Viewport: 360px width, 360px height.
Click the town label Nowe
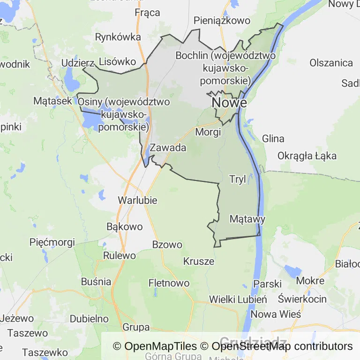coord(229,102)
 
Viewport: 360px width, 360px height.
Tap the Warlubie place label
coord(137,200)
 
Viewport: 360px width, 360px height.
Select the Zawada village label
coord(168,148)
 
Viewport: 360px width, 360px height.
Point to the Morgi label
coord(208,132)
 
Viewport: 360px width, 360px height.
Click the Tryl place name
coord(237,179)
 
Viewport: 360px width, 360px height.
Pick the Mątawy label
coord(247,219)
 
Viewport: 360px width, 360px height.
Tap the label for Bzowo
coord(167,244)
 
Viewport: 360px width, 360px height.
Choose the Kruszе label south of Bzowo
coord(199,261)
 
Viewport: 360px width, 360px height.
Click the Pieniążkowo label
coord(222,20)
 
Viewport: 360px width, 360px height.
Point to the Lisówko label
coord(117,61)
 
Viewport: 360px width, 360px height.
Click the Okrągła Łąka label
coord(307,156)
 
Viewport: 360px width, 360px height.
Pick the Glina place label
coord(273,139)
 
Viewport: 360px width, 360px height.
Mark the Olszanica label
coord(331,63)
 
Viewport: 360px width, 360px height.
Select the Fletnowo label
coord(169,283)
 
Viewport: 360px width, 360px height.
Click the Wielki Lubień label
coord(238,299)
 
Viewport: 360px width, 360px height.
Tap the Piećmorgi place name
coord(52,242)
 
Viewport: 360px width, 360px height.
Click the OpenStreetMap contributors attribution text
coord(282,346)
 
